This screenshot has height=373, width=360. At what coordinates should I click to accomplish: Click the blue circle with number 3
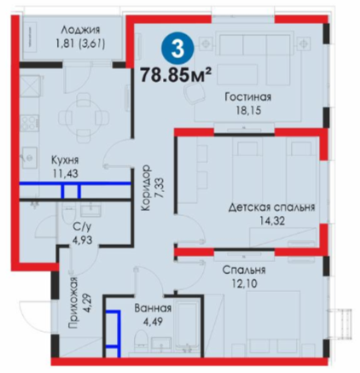click(x=177, y=49)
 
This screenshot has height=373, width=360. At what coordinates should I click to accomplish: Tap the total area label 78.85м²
click(x=177, y=75)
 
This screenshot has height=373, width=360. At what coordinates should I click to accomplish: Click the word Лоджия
click(x=81, y=30)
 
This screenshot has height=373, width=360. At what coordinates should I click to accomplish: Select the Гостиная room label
click(x=248, y=97)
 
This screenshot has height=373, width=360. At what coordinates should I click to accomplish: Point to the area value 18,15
click(x=248, y=110)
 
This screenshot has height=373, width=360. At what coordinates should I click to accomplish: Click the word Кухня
click(x=65, y=160)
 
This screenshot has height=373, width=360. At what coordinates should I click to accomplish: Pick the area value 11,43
click(x=65, y=173)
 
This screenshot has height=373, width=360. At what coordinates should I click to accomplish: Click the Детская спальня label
click(x=271, y=207)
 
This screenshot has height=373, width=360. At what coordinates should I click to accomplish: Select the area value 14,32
click(x=272, y=220)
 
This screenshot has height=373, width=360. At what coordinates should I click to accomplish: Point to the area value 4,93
click(x=82, y=240)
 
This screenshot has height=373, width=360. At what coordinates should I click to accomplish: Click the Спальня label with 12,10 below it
click(x=244, y=270)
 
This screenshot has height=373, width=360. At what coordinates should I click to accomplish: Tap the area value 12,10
click(x=245, y=283)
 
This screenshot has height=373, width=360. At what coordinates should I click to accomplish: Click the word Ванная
click(x=153, y=308)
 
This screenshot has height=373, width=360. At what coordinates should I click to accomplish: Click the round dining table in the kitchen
click(x=84, y=116)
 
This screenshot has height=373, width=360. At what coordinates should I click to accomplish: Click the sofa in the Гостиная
click(x=253, y=44)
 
